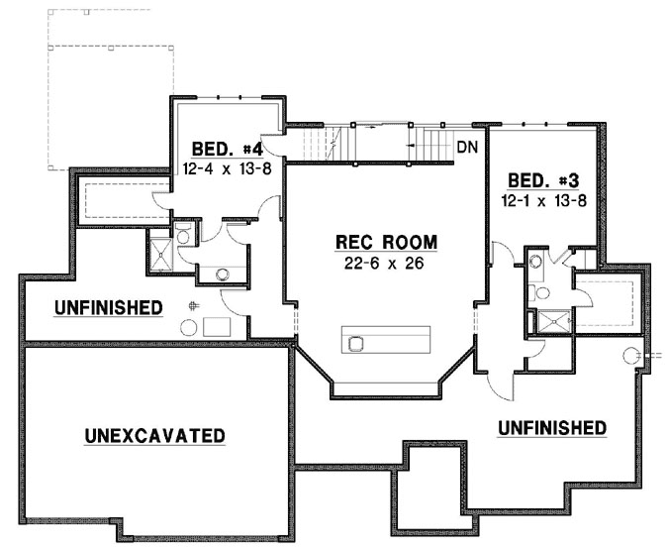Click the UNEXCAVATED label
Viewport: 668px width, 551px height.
(x=154, y=435)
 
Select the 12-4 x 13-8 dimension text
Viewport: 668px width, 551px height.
(x=228, y=169)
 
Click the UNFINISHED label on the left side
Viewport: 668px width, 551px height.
(x=109, y=308)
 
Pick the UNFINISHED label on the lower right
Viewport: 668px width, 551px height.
(x=551, y=428)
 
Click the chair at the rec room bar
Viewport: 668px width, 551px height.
(x=357, y=343)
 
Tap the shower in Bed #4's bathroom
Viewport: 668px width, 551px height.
(x=159, y=253)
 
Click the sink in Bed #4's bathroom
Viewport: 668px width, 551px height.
(x=223, y=274)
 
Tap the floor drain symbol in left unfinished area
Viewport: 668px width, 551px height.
(x=196, y=305)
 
